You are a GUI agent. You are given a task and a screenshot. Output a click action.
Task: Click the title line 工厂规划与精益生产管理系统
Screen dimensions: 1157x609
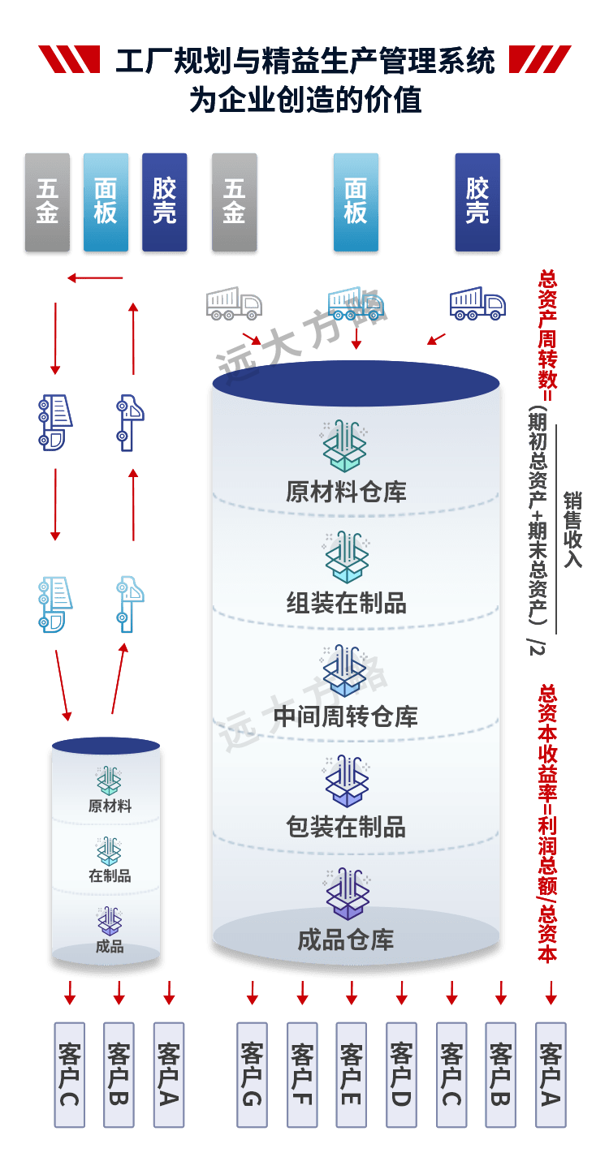[304, 62]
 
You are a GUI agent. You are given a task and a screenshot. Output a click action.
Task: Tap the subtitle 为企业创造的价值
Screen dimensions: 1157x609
[304, 101]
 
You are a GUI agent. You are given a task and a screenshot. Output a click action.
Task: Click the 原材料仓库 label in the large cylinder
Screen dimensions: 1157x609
[346, 492]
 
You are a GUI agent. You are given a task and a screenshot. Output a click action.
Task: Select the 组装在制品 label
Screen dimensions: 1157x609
[346, 604]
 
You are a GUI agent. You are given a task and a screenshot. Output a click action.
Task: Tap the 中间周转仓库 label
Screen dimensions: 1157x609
[346, 716]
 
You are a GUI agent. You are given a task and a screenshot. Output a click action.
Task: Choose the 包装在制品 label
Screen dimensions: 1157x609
[346, 828]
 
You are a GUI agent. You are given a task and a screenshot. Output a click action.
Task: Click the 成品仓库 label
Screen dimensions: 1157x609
[346, 940]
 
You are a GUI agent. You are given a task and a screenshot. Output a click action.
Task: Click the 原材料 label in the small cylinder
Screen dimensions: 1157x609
[110, 806]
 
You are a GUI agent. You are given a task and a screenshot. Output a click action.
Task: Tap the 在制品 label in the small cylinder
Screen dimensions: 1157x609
[110, 875]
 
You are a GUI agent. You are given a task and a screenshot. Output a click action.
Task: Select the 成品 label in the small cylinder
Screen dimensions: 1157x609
[110, 946]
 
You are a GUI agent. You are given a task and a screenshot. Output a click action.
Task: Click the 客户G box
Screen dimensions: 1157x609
[251, 1074]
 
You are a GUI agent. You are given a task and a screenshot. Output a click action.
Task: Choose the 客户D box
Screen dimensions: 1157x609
[401, 1074]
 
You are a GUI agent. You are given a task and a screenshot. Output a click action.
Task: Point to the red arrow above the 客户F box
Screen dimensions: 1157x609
[302, 992]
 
